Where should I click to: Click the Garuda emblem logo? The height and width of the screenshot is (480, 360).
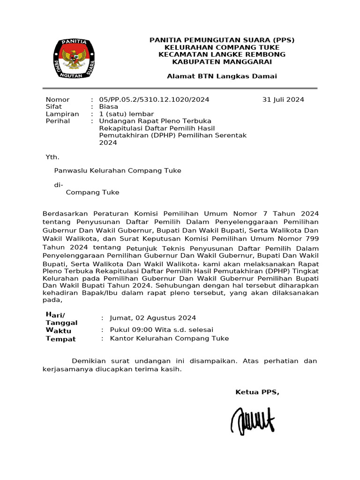point(75,58)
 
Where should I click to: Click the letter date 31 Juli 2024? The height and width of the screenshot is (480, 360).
point(283,99)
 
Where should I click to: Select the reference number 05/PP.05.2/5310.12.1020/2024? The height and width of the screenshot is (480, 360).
point(154,99)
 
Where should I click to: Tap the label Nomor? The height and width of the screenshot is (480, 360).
point(58,99)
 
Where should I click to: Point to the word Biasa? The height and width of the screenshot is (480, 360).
point(109,106)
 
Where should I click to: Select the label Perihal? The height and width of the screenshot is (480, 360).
point(58,121)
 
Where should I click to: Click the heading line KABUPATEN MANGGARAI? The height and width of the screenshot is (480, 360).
point(222,61)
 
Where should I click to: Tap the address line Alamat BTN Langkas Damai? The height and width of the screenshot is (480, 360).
point(222,76)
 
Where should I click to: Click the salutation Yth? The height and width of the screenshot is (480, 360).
point(52,157)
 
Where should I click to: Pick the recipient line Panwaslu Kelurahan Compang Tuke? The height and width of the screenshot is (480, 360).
point(118,171)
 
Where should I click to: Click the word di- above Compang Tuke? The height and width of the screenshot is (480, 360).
point(59,185)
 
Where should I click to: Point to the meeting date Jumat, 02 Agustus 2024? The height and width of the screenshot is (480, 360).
point(153,318)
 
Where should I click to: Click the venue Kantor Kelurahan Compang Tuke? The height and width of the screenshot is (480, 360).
point(169,338)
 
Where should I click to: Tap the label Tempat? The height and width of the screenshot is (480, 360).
point(60,339)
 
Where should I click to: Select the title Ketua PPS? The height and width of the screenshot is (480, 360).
point(257,392)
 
